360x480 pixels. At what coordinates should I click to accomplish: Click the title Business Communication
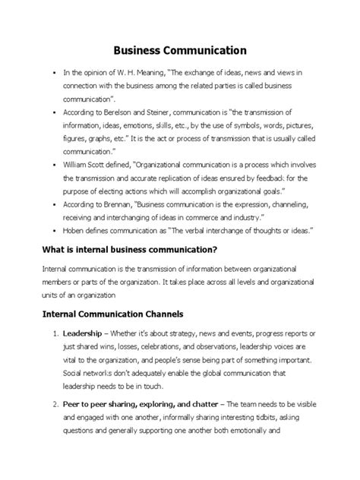coord(180,51)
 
